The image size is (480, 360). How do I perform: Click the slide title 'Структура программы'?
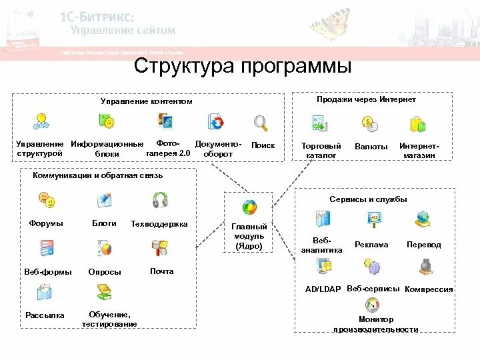243,67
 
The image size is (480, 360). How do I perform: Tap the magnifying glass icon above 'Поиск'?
260,123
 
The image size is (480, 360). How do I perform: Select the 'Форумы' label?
46,224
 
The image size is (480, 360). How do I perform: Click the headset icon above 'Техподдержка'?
160,201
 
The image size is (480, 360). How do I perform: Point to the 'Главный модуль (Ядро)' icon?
249,207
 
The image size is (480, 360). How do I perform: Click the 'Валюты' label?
371,147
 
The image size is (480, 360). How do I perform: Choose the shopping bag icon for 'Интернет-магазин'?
418,123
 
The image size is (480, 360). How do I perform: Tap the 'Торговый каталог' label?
321,150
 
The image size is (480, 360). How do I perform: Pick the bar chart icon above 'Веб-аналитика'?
323,218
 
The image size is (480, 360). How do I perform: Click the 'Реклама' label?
371,245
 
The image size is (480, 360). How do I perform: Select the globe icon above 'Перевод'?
423,219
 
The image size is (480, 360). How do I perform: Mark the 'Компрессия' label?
429,289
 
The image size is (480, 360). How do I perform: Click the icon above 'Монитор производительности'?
376,305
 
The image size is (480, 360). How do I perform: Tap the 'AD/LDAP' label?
323,289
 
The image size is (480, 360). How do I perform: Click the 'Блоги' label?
104,224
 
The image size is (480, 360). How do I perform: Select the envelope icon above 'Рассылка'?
45,291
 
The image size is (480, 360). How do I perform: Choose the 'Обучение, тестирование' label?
109,319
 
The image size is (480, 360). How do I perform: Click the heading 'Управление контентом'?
146,101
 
